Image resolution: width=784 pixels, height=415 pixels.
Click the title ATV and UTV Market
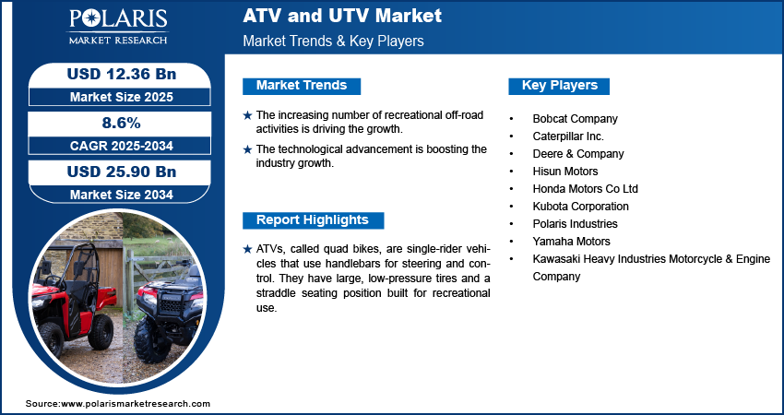(x=342, y=16)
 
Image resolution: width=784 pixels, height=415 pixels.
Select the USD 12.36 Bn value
(x=114, y=74)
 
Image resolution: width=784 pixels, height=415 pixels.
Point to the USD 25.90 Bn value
(x=114, y=172)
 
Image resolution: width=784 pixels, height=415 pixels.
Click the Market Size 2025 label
(x=114, y=96)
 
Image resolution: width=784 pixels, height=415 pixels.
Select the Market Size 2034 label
(x=114, y=194)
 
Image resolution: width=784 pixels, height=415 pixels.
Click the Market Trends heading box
(x=302, y=86)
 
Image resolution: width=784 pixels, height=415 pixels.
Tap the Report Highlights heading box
(x=313, y=220)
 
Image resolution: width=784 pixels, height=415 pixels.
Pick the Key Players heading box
(x=560, y=86)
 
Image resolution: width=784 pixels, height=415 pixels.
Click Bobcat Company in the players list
(x=575, y=119)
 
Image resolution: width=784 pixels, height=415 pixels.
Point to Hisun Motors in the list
(x=565, y=172)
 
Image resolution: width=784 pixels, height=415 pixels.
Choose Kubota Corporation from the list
(x=580, y=207)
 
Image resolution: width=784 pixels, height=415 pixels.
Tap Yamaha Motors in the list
(x=571, y=242)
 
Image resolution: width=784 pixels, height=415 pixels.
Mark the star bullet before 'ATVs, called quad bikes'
(x=247, y=250)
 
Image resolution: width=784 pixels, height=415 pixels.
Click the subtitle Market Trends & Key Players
(x=333, y=41)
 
